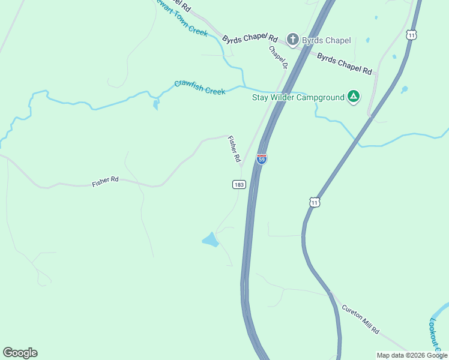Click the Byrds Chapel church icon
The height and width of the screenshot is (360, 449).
293,40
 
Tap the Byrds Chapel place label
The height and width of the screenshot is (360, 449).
326,41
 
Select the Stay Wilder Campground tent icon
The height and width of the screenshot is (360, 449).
354,97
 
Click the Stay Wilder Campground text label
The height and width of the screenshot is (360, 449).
298,97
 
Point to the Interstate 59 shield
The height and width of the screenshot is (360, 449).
262,158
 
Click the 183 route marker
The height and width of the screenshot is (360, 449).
239,185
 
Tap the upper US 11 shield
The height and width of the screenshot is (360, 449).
411,35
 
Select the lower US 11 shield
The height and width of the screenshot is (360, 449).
315,202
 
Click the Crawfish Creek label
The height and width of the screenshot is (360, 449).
200,88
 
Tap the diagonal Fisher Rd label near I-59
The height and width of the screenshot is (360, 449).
234,149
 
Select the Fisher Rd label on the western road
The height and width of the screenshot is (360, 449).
106,181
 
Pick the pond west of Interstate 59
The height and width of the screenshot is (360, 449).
210,240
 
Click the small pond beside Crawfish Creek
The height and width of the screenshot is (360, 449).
156,105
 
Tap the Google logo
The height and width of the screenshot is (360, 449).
20,353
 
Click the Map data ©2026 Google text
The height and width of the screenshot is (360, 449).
411,355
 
